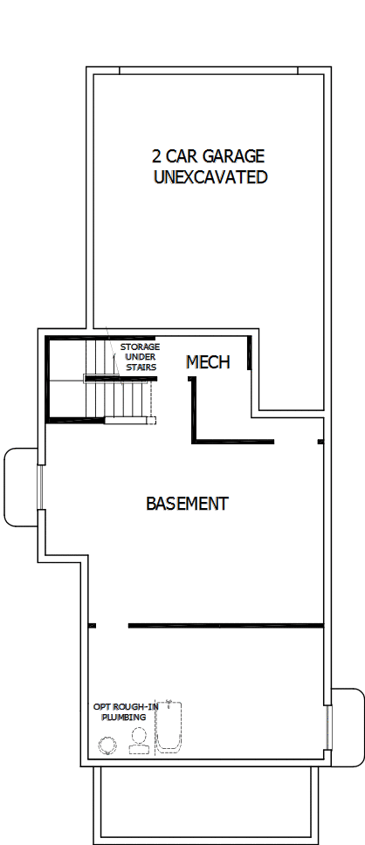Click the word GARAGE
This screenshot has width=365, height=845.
(234, 156)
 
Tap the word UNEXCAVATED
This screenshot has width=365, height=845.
(210, 177)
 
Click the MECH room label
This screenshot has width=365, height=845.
(209, 361)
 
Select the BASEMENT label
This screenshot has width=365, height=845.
(187, 504)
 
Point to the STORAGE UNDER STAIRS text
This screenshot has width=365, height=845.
(140, 357)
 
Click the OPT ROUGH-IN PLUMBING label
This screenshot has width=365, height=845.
(119, 711)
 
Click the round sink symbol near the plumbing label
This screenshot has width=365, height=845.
(108, 745)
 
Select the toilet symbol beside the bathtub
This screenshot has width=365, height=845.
(138, 741)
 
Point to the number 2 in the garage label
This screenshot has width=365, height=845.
(157, 156)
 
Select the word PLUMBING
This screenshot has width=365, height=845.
(119, 717)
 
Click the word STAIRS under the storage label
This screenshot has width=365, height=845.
(141, 368)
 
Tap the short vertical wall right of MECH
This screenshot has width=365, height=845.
(250, 353)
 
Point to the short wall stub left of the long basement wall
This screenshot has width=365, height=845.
(93, 625)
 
